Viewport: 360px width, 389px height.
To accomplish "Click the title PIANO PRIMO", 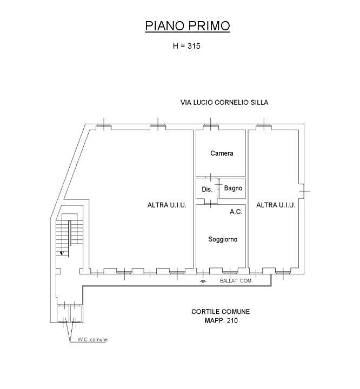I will click(x=188, y=26).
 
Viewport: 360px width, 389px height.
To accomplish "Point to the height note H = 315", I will click(x=186, y=46).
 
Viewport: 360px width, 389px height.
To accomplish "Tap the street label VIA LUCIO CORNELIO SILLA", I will click(x=224, y=102).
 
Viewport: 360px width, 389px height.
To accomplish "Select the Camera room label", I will click(x=222, y=153).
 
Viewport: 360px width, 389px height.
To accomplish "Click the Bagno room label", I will click(x=233, y=188).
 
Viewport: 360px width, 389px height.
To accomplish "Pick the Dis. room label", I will click(x=206, y=190).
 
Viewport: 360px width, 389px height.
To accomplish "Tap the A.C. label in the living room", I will click(x=236, y=212).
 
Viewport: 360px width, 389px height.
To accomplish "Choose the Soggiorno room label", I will click(x=223, y=239).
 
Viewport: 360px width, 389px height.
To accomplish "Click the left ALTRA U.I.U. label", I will click(x=166, y=205).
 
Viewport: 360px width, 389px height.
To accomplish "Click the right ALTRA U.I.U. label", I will click(x=275, y=205).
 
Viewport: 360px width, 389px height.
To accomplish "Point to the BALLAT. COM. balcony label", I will click(x=236, y=281).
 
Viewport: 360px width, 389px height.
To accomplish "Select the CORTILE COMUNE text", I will click(x=221, y=312).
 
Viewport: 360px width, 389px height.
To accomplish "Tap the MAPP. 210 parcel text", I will click(x=221, y=320).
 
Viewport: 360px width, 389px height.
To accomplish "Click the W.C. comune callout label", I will click(x=92, y=339).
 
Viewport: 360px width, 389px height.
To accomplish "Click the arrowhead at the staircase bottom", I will click(x=62, y=252).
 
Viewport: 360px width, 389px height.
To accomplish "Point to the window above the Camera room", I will click(x=211, y=127).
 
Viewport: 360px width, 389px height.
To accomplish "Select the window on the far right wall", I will click(x=304, y=190).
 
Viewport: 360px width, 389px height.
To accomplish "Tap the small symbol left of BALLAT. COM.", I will click(x=203, y=281).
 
